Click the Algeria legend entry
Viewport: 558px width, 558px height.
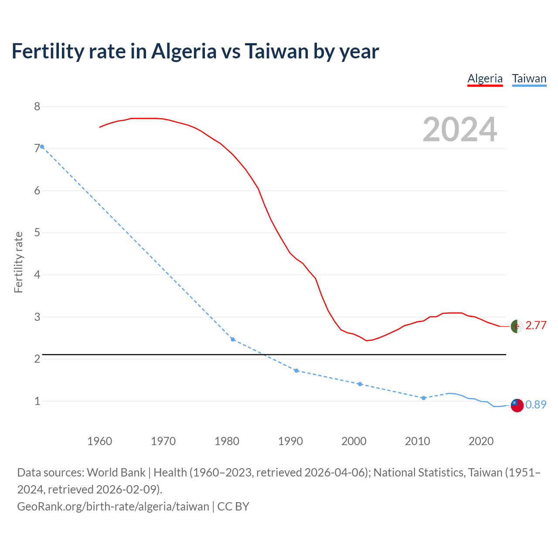(x=485, y=78)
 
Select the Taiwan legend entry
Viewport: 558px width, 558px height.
(x=529, y=78)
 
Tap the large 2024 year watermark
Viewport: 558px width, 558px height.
(x=459, y=129)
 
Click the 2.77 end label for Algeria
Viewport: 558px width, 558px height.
(x=536, y=326)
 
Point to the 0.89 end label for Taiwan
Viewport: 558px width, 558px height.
(x=536, y=405)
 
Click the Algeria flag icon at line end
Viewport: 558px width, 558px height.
(x=517, y=326)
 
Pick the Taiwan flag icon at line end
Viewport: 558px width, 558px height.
(x=517, y=405)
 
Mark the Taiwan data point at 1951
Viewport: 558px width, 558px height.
(x=42, y=147)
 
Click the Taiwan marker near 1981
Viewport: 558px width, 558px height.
(x=233, y=339)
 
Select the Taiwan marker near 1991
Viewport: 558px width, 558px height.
(x=296, y=371)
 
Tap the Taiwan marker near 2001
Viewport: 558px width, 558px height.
(x=360, y=384)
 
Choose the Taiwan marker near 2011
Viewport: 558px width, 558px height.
(x=423, y=398)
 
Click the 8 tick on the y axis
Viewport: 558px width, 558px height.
(x=37, y=107)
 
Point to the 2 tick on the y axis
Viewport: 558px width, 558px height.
(x=37, y=359)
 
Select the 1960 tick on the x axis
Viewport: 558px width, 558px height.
(x=99, y=441)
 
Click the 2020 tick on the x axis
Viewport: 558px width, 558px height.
(x=481, y=441)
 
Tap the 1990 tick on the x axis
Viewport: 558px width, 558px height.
(x=290, y=441)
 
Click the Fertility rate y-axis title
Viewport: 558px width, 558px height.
(x=18, y=262)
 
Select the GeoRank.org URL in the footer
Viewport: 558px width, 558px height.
(x=113, y=507)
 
